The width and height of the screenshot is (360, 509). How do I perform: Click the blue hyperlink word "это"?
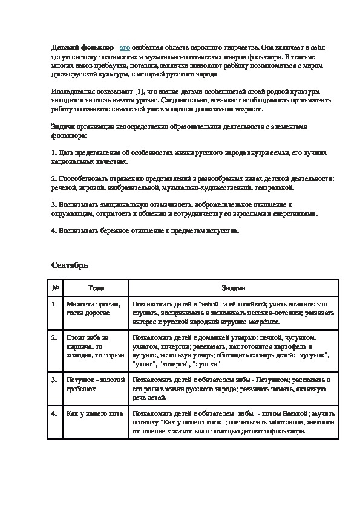[x=125, y=47]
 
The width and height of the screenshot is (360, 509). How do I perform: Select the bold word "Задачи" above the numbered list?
[x=62, y=126]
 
